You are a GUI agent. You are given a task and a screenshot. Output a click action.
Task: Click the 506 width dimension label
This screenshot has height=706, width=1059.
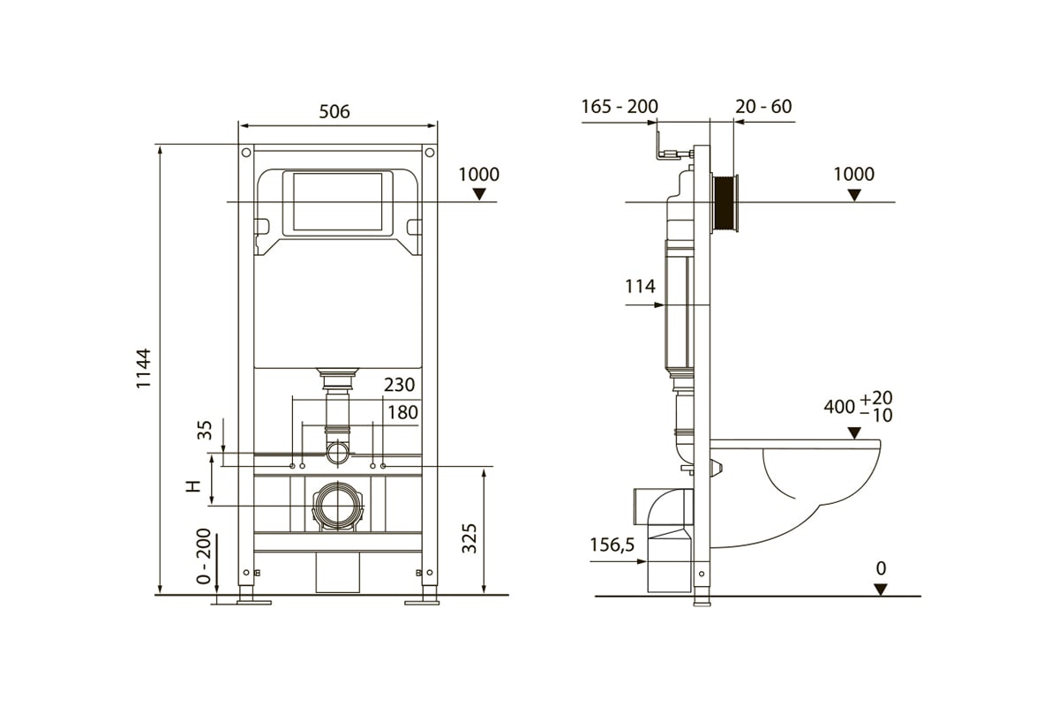tap(334, 111)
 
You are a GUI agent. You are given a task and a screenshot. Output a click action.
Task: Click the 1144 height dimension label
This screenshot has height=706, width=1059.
tap(143, 368)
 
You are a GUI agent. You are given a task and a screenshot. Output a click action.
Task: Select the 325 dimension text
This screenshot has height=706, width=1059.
tap(469, 538)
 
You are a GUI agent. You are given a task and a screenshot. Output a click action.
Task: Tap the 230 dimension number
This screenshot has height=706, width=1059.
tap(399, 385)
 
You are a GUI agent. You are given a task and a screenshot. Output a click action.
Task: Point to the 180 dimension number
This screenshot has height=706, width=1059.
tap(402, 412)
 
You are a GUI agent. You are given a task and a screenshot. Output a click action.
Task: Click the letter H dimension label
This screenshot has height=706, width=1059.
tap(193, 486)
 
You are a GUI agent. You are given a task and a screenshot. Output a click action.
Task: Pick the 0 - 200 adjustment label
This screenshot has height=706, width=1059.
tap(203, 556)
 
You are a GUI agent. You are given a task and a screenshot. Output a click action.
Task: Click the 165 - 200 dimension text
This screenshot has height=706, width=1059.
tap(620, 107)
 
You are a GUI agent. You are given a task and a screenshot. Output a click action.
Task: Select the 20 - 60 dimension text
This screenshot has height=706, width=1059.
tap(763, 107)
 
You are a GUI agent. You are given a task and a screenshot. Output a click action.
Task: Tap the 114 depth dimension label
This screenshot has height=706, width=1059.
tap(640, 286)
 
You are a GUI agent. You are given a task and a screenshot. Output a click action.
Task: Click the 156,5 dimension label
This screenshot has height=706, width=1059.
tap(612, 545)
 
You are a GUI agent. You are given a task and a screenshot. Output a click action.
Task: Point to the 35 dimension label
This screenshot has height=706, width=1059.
tap(205, 431)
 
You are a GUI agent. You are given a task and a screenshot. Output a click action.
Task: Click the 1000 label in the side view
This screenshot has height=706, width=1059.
tap(853, 174)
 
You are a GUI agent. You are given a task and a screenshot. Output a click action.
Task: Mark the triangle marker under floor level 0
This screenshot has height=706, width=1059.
tap(881, 590)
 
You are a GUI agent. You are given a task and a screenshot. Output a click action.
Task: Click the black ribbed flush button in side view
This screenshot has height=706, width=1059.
tap(725, 203)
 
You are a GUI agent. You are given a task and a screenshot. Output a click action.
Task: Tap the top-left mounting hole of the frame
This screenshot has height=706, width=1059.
tap(246, 153)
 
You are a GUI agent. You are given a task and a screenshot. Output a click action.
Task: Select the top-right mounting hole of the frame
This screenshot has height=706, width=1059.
tap(429, 153)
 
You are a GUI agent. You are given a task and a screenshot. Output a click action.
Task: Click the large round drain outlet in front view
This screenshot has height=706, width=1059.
tap(337, 506)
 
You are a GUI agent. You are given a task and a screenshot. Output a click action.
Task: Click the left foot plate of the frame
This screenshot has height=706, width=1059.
tap(254, 602)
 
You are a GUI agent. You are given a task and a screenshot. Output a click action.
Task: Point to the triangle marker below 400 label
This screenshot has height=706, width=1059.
tap(854, 432)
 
